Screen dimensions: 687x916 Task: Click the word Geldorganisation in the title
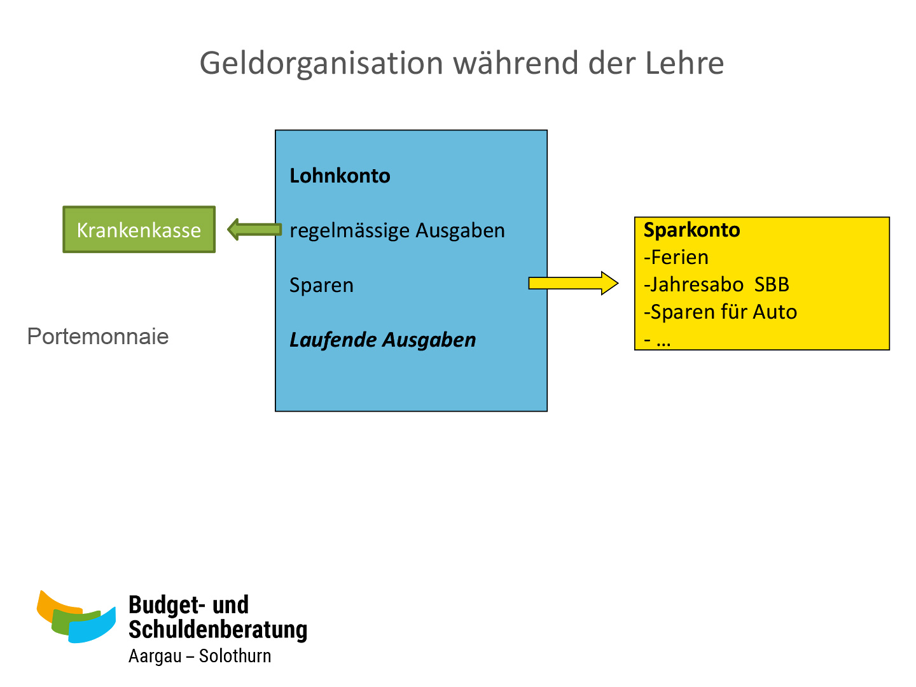pyautogui.click(x=321, y=64)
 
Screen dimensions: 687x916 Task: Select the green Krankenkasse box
pyautogui.click(x=139, y=230)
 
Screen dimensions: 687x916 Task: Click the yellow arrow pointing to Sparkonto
pyautogui.click(x=572, y=283)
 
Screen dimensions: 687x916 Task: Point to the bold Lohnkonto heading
pyautogui.click(x=340, y=176)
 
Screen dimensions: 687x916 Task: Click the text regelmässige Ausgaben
pyautogui.click(x=397, y=230)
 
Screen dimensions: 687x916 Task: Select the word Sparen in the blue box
pyautogui.click(x=321, y=285)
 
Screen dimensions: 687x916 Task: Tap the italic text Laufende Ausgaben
pyautogui.click(x=382, y=340)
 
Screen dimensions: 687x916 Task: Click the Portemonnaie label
pyautogui.click(x=98, y=337)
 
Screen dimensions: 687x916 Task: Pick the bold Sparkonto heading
pyautogui.click(x=691, y=230)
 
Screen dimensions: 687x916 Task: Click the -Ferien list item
pyautogui.click(x=676, y=257)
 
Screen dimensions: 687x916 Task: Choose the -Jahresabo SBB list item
pyautogui.click(x=716, y=284)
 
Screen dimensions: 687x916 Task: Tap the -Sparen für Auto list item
pyautogui.click(x=720, y=312)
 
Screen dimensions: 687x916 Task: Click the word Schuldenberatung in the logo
pyautogui.click(x=218, y=629)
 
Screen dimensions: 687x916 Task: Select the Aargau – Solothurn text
pyautogui.click(x=200, y=656)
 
